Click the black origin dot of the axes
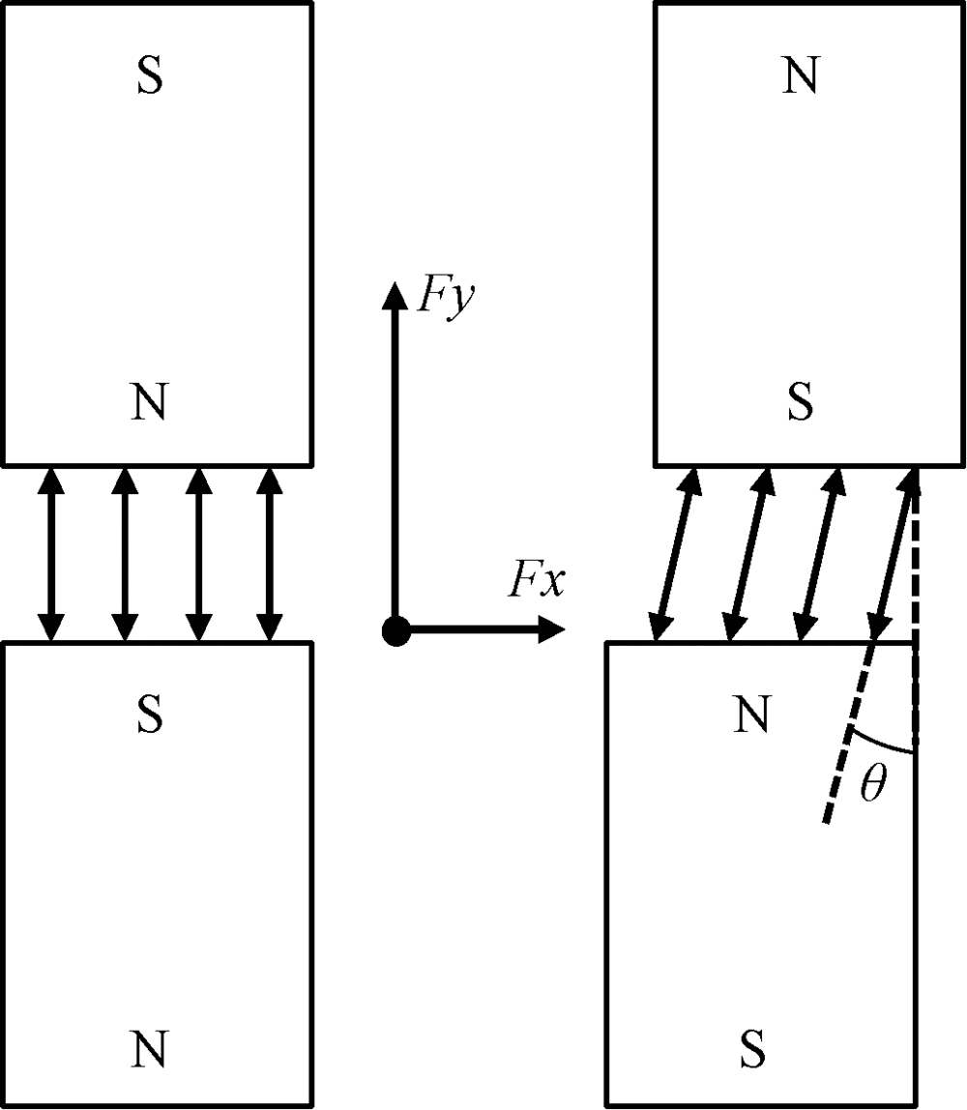(x=396, y=632)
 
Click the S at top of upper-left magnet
(x=148, y=78)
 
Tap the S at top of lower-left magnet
(x=148, y=716)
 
